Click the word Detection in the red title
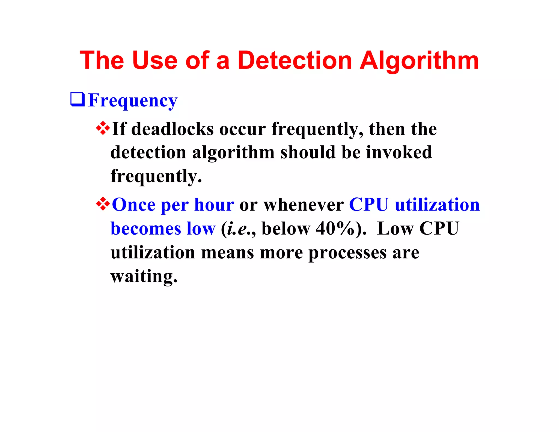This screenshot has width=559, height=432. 295,60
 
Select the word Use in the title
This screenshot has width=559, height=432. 154,60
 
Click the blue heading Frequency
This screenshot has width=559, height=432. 133,101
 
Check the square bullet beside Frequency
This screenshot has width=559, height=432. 78,99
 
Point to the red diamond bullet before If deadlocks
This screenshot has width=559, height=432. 103,128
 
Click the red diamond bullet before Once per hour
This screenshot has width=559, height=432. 103,204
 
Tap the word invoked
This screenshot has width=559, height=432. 399,152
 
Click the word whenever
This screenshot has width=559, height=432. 303,205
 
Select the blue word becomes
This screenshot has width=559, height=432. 146,229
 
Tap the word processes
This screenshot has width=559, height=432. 347,253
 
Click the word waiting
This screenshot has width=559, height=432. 144,277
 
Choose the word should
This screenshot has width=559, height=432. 308,152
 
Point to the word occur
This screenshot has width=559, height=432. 242,129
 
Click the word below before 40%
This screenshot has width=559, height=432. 286,228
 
